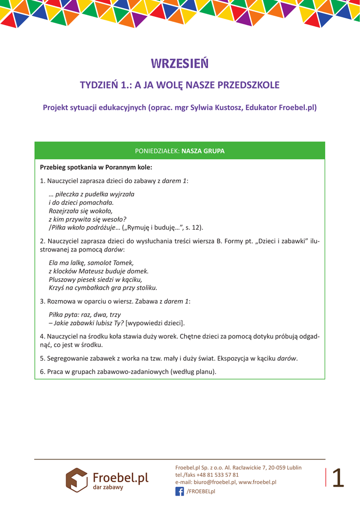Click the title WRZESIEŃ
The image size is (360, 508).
(x=180, y=64)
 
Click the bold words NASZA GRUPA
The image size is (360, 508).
(x=203, y=151)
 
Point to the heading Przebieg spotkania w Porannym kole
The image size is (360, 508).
(x=96, y=167)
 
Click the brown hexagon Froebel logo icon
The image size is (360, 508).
(x=77, y=480)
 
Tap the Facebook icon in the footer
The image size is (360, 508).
(x=180, y=491)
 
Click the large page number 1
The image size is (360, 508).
(x=338, y=478)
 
